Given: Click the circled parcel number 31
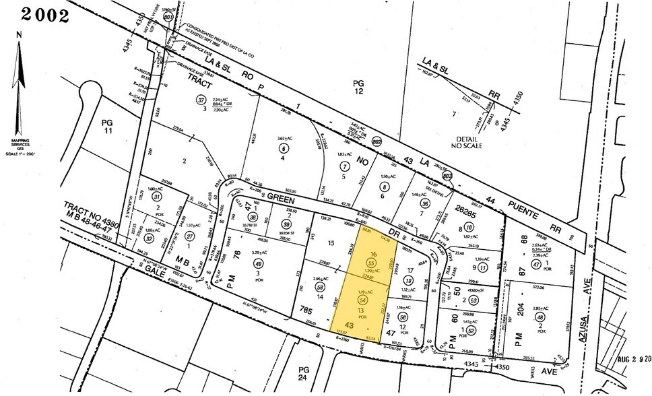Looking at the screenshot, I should tap(157, 196).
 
